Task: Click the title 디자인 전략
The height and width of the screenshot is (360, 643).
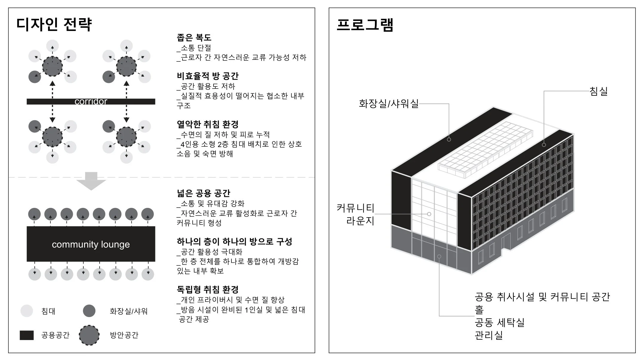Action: click(54, 25)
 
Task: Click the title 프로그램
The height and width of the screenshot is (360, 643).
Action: click(365, 24)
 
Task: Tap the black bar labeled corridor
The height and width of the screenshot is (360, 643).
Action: click(91, 101)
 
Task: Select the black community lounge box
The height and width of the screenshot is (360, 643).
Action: click(91, 244)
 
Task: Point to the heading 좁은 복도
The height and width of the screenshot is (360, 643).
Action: click(194, 38)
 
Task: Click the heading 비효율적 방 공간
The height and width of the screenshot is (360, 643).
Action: click(208, 76)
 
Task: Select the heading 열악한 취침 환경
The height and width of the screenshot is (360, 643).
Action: click(208, 124)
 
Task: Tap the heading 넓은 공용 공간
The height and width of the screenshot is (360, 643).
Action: click(203, 193)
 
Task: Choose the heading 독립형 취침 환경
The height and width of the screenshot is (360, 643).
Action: click(208, 290)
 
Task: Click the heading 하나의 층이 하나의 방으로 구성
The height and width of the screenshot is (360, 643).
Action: click(234, 241)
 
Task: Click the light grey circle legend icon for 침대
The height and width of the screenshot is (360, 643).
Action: click(27, 311)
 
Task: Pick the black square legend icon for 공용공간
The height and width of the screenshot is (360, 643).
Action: click(27, 335)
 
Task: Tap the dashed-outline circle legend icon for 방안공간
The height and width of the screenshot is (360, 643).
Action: click(89, 335)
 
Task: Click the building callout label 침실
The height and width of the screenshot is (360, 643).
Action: click(599, 91)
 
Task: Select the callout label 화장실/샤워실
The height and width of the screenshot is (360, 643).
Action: click(389, 103)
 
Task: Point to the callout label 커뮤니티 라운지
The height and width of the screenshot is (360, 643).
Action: click(355, 214)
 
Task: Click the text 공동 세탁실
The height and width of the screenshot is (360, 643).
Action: click(500, 322)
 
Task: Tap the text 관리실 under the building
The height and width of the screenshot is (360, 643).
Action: click(489, 335)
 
